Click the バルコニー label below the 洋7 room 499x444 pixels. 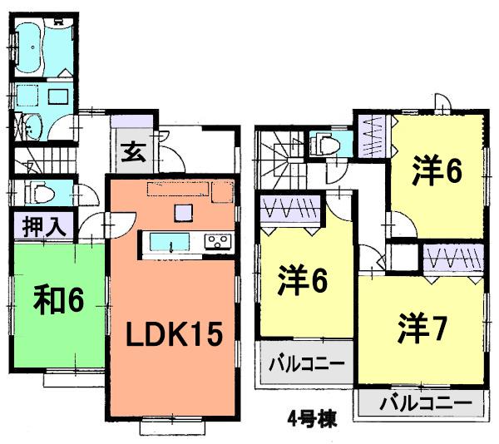420,405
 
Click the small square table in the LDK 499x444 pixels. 182,214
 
